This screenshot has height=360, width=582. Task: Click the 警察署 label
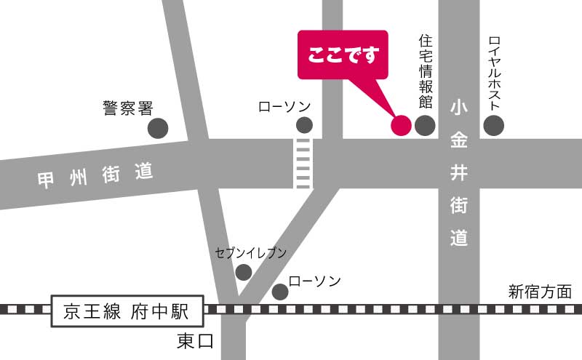[127, 108]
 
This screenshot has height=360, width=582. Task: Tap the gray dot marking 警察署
[158, 129]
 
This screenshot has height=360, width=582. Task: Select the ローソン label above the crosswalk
[285, 107]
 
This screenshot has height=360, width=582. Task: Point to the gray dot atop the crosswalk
[304, 125]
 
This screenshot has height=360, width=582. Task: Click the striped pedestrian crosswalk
[303, 163]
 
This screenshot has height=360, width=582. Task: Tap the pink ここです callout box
[343, 54]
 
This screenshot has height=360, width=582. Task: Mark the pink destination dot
[401, 125]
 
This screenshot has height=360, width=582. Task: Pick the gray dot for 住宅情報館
[425, 125]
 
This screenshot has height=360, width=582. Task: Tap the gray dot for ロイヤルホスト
[494, 125]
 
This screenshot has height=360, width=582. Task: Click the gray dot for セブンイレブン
[244, 272]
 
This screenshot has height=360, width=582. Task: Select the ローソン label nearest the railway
[314, 281]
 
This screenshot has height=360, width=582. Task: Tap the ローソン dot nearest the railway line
[280, 292]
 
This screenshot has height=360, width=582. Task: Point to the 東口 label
[196, 341]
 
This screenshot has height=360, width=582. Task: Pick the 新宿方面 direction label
[540, 292]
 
